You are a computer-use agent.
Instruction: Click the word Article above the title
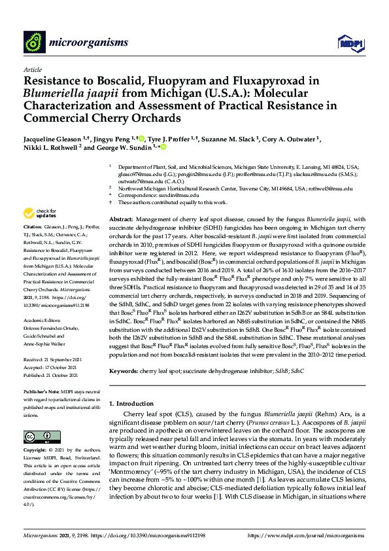click(33, 69)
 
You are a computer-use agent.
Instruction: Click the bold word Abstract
click(120, 219)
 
